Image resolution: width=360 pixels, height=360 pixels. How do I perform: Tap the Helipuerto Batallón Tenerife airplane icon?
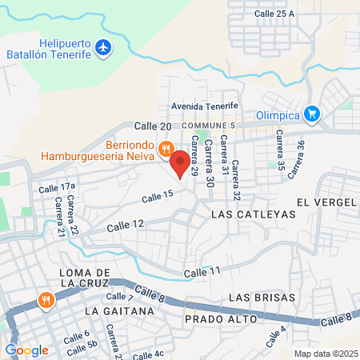(x=102, y=48)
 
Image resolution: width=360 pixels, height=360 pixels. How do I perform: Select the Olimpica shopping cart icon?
(x=312, y=114)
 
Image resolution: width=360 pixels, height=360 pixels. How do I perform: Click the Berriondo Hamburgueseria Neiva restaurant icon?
(x=166, y=148)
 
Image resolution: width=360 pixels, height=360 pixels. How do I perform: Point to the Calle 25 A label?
(x=274, y=14)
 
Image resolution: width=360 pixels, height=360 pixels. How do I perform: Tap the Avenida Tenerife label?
(x=205, y=106)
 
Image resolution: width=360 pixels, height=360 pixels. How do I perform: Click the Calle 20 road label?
(x=152, y=126)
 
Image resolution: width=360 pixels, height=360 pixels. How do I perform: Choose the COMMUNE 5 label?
(x=209, y=126)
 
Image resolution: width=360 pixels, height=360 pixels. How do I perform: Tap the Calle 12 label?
(x=127, y=224)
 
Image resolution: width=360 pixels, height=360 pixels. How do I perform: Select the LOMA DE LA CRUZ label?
(x=89, y=279)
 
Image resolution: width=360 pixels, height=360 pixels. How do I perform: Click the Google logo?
(x=26, y=350)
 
